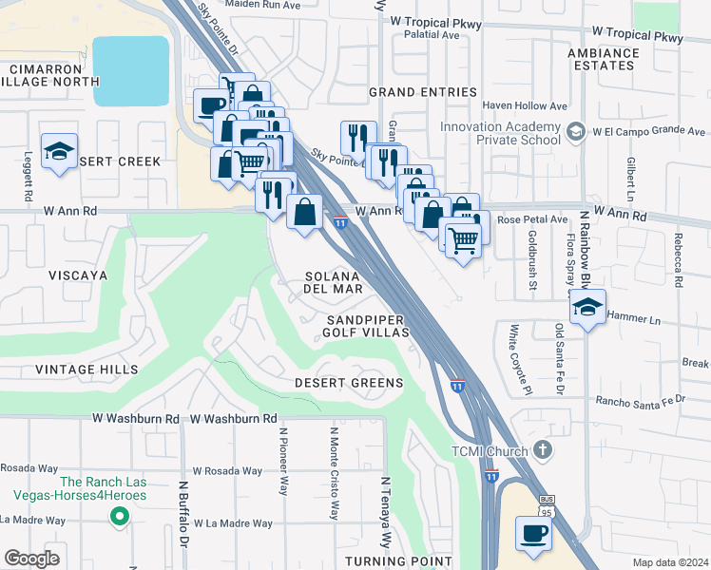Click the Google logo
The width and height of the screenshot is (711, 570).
click(32, 558)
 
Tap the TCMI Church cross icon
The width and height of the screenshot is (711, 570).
click(543, 449)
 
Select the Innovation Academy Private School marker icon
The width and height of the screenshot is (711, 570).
click(574, 130)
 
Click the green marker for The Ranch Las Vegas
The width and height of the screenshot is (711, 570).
click(119, 516)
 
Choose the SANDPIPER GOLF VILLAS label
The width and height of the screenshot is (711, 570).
click(366, 326)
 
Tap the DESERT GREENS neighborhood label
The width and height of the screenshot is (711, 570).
click(348, 383)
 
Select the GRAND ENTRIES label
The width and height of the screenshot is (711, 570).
click(422, 92)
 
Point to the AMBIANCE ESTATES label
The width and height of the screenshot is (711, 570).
click(603, 59)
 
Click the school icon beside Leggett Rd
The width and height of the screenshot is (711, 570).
click(60, 152)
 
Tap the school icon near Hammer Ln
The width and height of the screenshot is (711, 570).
click(588, 308)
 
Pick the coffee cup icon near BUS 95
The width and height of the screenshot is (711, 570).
click(534, 533)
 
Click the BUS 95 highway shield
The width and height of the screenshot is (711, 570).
click(546, 502)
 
